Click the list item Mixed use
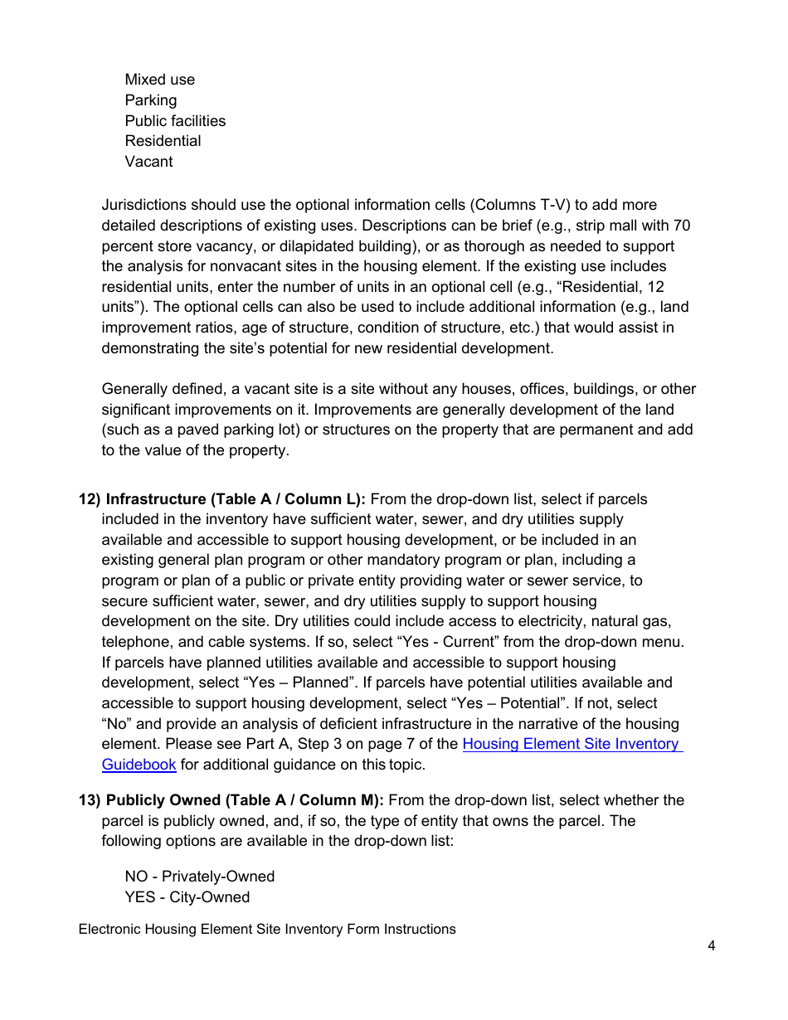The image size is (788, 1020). point(160,80)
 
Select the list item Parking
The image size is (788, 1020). point(151,100)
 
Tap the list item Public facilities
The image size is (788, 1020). point(175,121)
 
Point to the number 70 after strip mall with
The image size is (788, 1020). point(683,226)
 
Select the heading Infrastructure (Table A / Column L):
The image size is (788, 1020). point(236,499)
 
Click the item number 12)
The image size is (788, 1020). point(90,499)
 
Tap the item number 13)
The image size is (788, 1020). point(90,800)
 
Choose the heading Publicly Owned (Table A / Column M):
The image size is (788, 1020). point(245,800)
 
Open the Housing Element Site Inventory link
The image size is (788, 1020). point(572,744)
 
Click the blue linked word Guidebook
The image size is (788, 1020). point(139,765)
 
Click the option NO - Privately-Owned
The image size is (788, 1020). point(199,877)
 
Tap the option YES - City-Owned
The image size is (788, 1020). point(187,897)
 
